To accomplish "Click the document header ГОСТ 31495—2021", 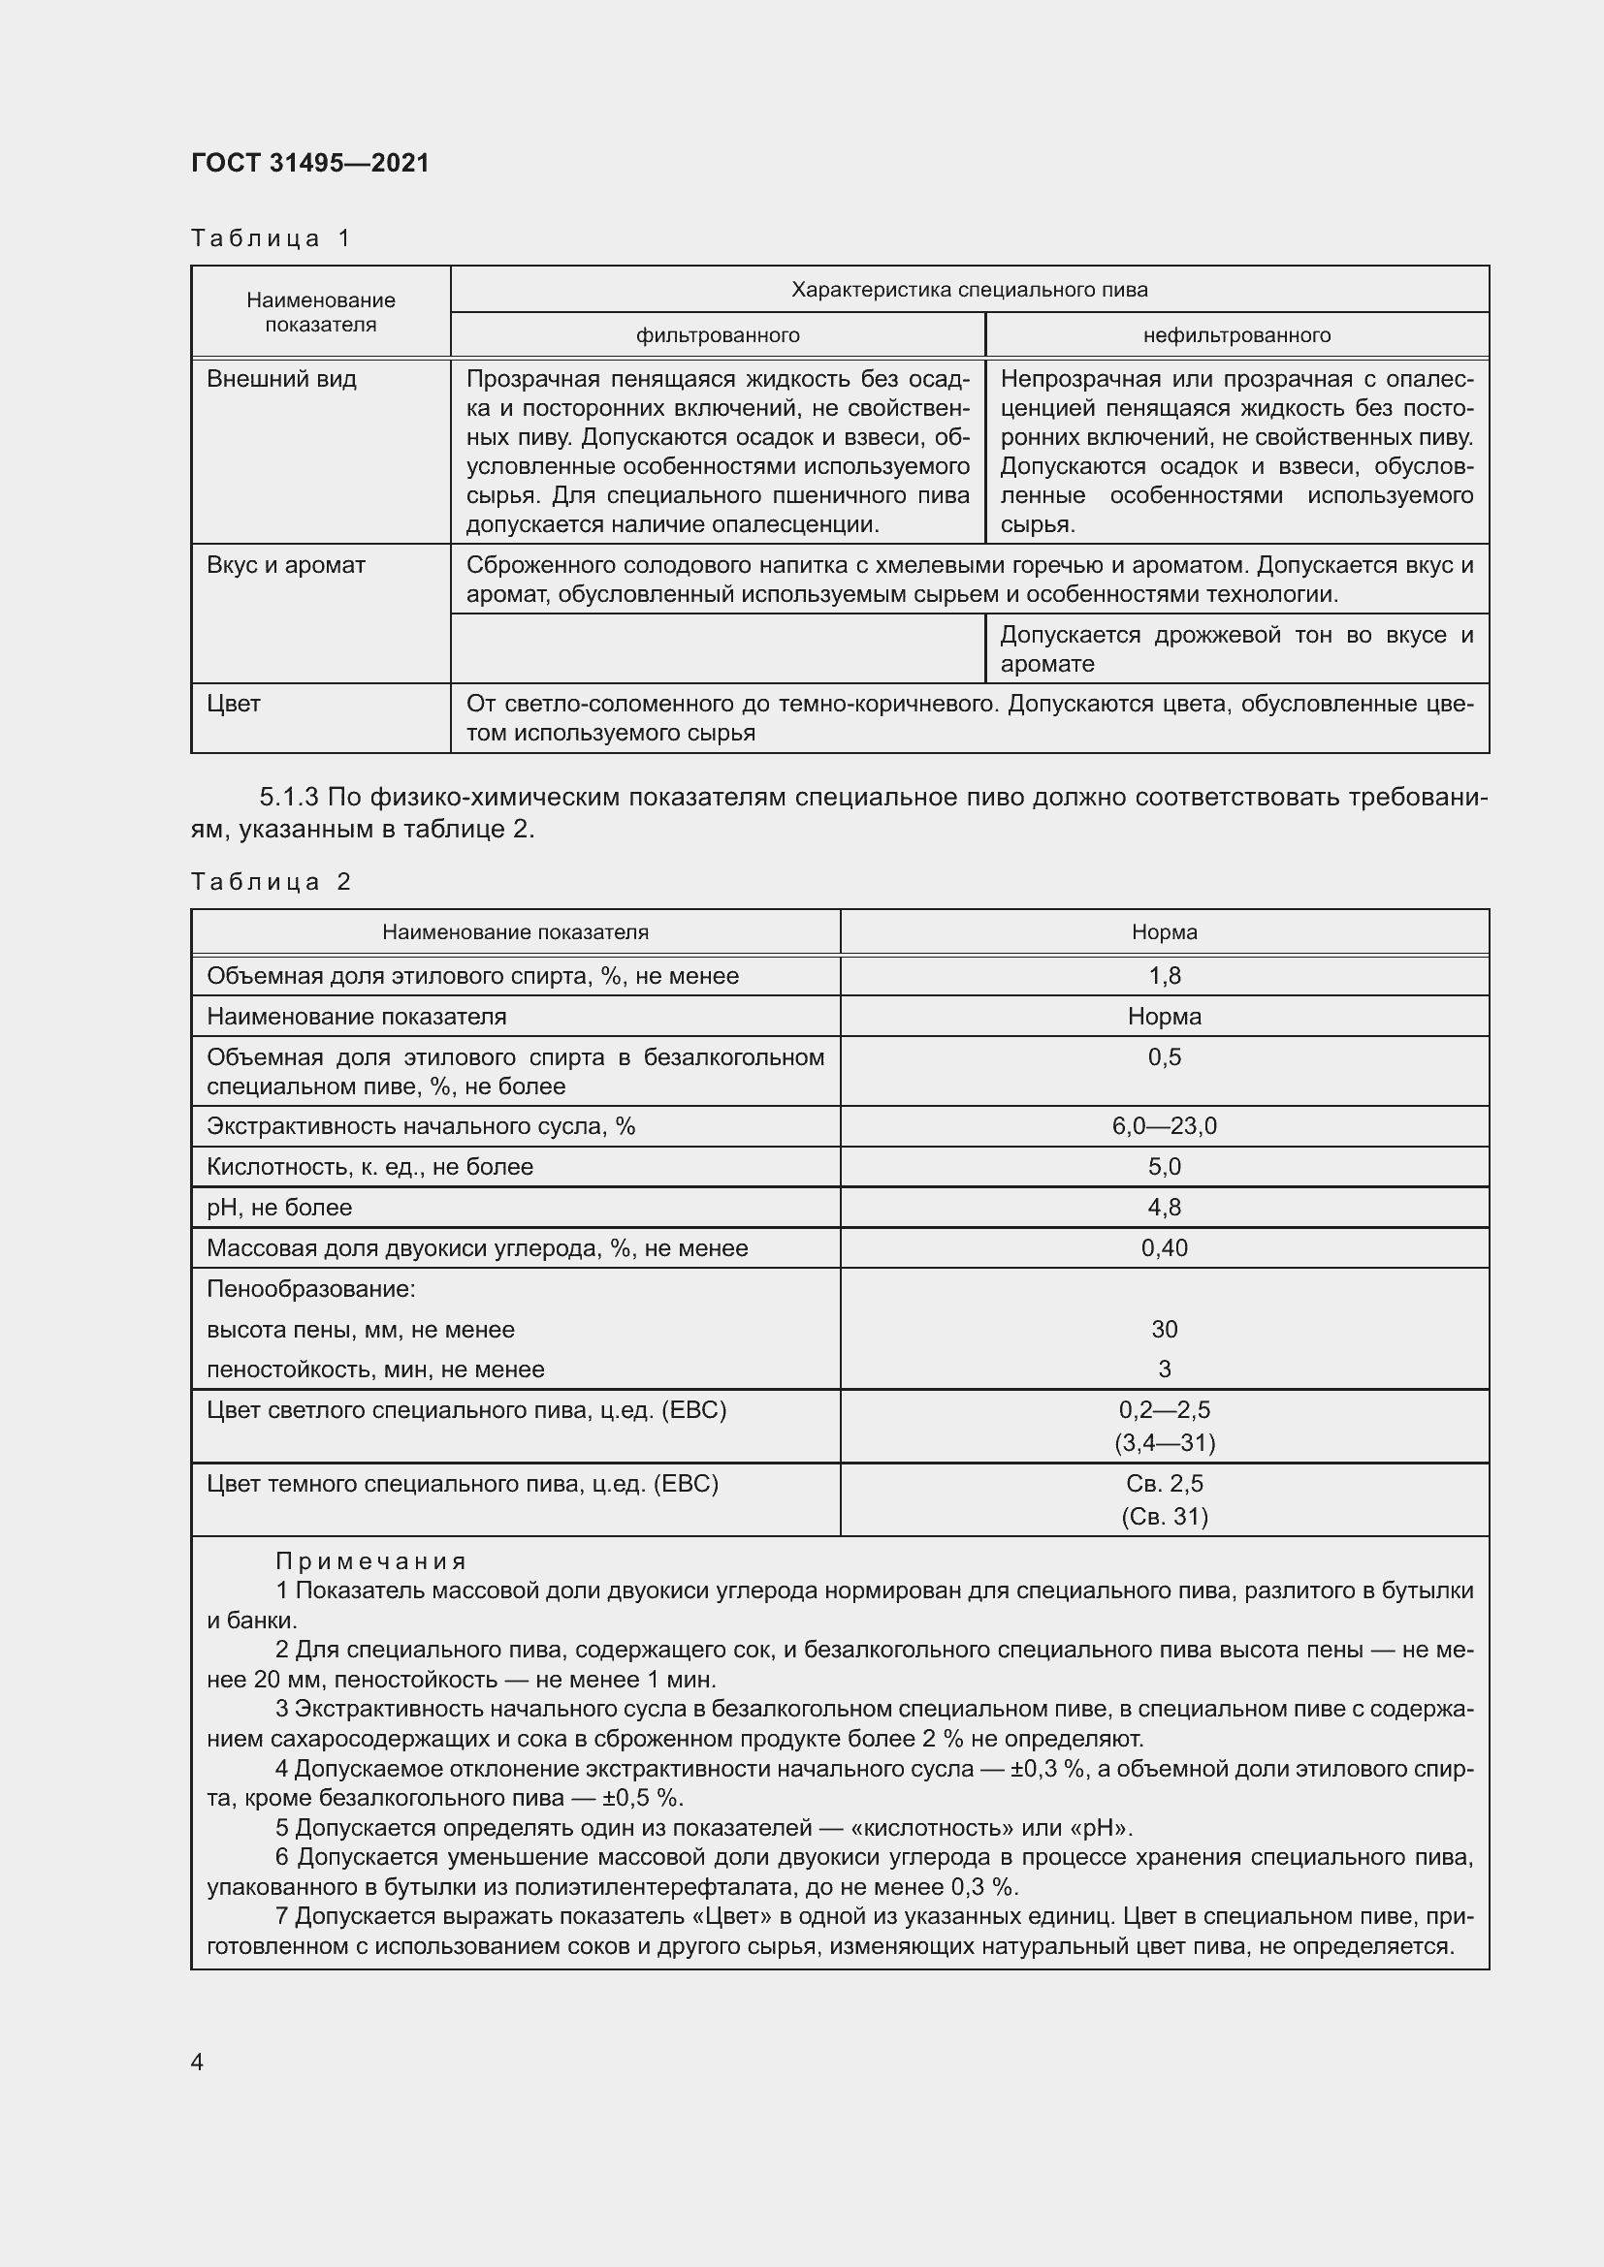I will tap(310, 163).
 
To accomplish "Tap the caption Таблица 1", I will tap(271, 238).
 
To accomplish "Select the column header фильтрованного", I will tap(717, 335).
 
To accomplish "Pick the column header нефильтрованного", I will tap(1236, 335).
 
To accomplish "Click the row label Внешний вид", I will tap(281, 379).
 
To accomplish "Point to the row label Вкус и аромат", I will tap(285, 565).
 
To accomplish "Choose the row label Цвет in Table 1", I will tap(234, 704).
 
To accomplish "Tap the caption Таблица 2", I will tap(271, 882).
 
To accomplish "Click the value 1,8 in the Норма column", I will tap(1165, 977).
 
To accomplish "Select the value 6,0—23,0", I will tap(1165, 1126).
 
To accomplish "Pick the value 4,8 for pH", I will tap(1165, 1208).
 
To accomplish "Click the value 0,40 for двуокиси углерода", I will tap(1165, 1248).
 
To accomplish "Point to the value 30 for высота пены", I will tap(1165, 1329).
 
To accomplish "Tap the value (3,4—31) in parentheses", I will tap(1165, 1442).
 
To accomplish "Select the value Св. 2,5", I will tap(1165, 1483).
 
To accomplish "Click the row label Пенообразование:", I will tap(311, 1288).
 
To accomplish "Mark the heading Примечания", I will tap(370, 1561).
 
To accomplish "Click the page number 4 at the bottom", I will tap(198, 2062).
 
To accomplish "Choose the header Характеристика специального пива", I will tap(969, 289).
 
